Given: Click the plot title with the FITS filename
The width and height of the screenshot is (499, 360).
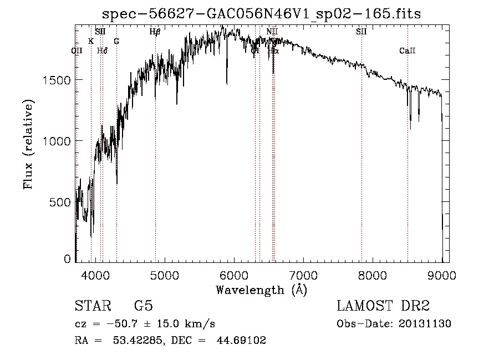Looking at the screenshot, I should pos(262,14).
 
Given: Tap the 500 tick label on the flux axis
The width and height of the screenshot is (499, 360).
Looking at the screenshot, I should pos(59,202).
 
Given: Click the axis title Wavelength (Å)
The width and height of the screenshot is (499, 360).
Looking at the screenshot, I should pos(261,290).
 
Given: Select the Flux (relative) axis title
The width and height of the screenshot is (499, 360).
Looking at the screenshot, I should pos(28,144).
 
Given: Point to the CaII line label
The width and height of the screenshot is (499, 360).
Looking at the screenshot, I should pos(407,51).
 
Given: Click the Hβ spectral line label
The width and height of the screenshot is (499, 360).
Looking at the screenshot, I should pos(155,32).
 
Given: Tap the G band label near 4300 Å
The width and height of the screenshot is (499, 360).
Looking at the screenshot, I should pos(116,41).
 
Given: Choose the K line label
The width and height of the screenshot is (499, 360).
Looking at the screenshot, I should pos(91,41).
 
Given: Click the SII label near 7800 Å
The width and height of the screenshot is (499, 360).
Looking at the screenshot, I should pos(361,32).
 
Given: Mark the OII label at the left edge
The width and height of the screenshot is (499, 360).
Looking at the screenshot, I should pos(77,51).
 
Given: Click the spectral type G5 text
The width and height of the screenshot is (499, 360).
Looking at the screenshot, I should pos(143,307).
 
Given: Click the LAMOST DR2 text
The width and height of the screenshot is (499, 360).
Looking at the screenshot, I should pos(383,307).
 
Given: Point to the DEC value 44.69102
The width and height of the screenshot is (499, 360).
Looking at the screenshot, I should pos(242,341).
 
